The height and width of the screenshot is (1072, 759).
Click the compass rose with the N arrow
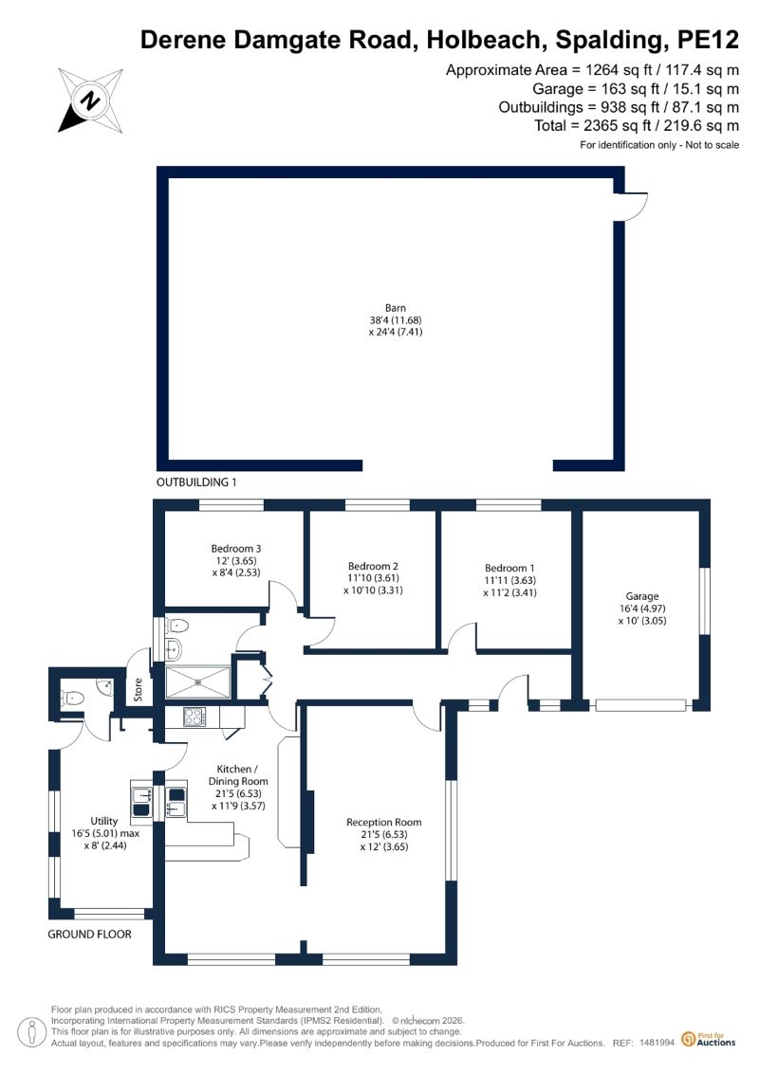coord(90,100)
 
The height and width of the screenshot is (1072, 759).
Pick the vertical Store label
coord(139,689)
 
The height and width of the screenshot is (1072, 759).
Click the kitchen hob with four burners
coord(194,717)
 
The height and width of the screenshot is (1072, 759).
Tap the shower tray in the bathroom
coord(198,682)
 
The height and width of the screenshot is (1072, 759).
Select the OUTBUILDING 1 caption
coord(196,482)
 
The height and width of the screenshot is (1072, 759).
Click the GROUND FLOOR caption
coord(89,934)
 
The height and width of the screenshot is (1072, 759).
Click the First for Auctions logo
coord(709,1040)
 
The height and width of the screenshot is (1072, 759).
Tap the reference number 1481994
coord(657,1043)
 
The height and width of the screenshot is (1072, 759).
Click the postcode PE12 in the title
coord(708,40)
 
